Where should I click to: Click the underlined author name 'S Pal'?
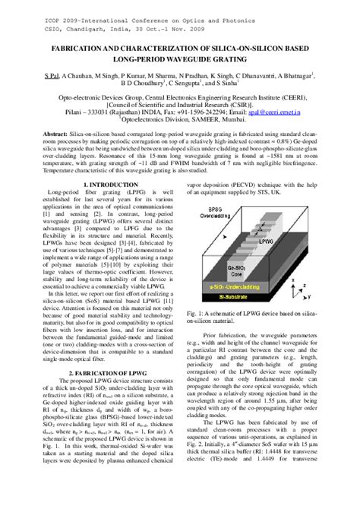(x=52, y=78)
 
